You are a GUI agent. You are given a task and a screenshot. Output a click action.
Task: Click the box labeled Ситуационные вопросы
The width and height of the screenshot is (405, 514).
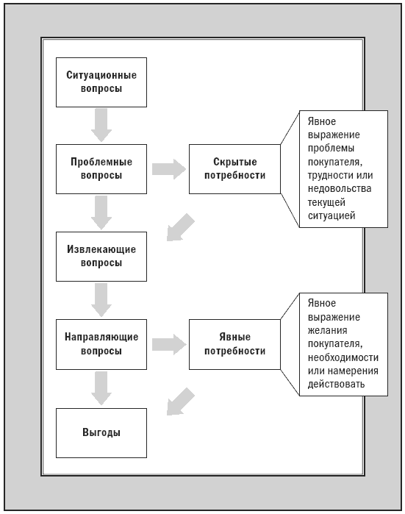coord(101,82)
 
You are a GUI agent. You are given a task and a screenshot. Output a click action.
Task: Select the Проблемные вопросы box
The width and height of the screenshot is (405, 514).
coord(101,169)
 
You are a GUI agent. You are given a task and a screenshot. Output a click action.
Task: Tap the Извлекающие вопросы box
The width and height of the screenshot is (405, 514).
coord(101,257)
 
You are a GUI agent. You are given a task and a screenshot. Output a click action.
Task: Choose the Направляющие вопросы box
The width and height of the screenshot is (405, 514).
coord(101,344)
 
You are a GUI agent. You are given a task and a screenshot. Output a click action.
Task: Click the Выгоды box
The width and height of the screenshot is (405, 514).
coord(101,432)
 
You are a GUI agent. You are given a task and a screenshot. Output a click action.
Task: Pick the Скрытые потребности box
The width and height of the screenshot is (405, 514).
coord(234,169)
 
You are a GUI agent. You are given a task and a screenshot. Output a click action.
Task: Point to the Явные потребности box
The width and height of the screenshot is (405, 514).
coord(234,344)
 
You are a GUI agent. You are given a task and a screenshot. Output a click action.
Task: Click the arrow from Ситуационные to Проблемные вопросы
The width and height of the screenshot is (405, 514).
coord(101,125)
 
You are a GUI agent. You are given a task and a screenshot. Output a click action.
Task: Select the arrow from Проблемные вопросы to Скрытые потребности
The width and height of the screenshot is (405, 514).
coord(169,169)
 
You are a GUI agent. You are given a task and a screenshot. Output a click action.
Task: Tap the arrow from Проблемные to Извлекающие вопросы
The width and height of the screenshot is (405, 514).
coord(101,213)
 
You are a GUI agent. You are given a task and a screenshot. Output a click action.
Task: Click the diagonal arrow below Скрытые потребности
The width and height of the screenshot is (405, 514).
coord(180,227)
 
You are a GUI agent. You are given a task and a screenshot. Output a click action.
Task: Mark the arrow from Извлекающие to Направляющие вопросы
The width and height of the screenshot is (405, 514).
coord(101,300)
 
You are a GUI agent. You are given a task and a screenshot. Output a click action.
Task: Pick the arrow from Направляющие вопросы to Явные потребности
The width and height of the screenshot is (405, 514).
coord(169,345)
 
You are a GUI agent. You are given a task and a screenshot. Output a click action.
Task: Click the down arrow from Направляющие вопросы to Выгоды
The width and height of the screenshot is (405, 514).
coord(101,388)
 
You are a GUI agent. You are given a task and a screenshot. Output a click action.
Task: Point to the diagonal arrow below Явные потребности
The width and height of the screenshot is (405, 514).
coord(180,402)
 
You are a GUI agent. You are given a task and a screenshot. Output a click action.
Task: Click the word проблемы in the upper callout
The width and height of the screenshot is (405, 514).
coord(331,149)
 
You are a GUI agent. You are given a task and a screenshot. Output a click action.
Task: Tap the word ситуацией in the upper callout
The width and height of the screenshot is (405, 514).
coord(331,216)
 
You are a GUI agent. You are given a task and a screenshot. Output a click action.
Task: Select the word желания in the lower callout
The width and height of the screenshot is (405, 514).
coord(327,330)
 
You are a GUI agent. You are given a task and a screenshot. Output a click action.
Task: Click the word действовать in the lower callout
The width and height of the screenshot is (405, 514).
coord(336,384)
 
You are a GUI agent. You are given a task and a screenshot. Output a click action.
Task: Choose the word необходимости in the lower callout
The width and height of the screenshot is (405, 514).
coord(343,357)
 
